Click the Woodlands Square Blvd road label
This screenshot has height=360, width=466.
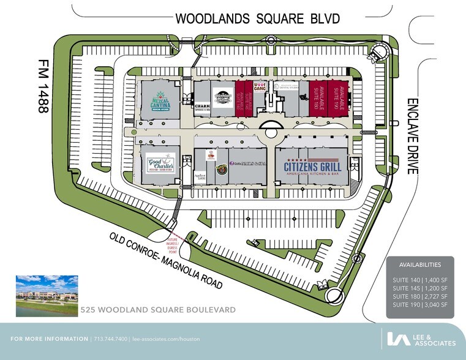point(257,18)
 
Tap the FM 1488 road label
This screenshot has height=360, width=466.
point(42,86)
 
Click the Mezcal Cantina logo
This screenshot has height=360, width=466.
point(160,102)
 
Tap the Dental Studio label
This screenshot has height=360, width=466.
point(285,88)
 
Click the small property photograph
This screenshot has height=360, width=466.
point(46,296)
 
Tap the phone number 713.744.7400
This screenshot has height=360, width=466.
point(109,339)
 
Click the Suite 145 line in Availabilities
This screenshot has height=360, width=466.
point(420,287)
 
